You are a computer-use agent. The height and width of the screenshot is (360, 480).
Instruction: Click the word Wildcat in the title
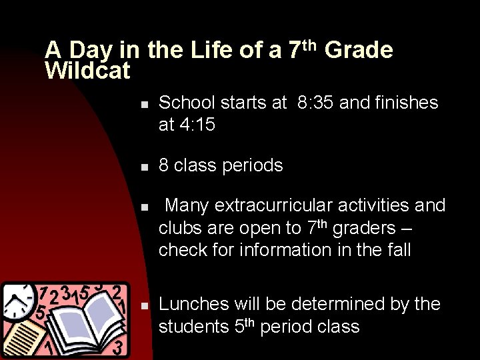(x=87, y=71)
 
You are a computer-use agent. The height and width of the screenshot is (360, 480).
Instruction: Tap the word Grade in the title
(x=358, y=50)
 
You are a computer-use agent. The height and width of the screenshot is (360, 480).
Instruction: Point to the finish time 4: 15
(x=197, y=125)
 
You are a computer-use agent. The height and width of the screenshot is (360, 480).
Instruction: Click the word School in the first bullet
(x=187, y=103)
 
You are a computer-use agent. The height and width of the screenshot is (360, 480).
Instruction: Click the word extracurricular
(x=288, y=205)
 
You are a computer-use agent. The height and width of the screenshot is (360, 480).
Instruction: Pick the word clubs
(x=180, y=228)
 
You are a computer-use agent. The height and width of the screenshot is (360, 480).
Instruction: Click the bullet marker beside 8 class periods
(x=143, y=167)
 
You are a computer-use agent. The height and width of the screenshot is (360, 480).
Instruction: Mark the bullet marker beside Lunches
(x=143, y=305)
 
